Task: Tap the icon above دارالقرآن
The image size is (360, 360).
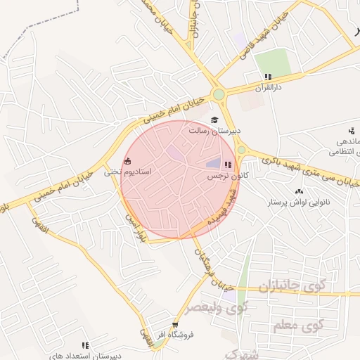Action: click(267, 77)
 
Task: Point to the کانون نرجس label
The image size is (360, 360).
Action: click(223, 176)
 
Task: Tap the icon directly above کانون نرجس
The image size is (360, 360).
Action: click(227, 165)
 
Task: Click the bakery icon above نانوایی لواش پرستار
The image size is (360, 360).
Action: click(300, 192)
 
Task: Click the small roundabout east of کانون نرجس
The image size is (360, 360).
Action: click(242, 149)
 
